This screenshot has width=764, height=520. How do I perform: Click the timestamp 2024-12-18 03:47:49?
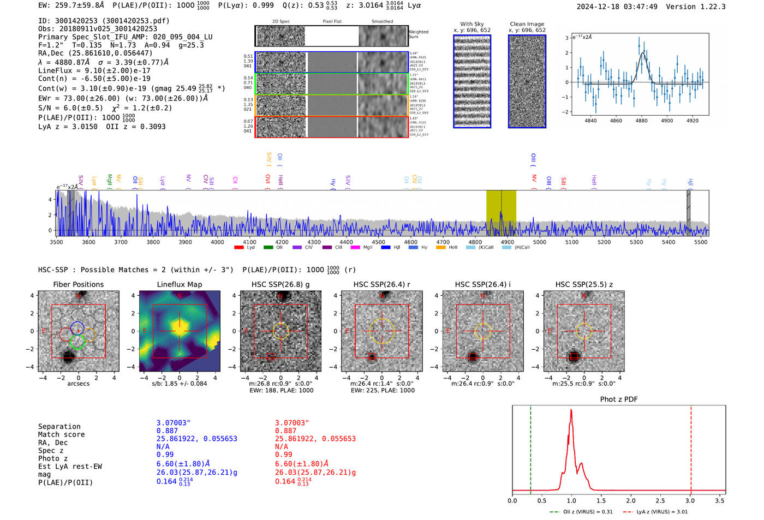click(x=617, y=7)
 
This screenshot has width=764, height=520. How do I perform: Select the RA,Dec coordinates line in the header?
click(x=95, y=53)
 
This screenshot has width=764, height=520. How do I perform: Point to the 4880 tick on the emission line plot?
click(x=641, y=121)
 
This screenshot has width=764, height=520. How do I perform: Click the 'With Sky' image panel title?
click(x=472, y=24)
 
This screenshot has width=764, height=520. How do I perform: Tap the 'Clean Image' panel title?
click(x=527, y=24)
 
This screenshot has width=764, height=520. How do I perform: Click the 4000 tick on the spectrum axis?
click(x=217, y=242)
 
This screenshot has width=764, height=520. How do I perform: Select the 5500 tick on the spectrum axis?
click(x=701, y=242)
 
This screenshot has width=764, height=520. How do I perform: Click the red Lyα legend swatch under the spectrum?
click(x=239, y=248)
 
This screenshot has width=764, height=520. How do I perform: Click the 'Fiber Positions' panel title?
click(x=78, y=284)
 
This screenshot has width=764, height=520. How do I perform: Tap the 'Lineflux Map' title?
click(x=180, y=284)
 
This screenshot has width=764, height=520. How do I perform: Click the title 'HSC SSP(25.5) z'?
click(x=584, y=284)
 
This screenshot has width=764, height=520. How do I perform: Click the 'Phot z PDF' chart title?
click(x=619, y=399)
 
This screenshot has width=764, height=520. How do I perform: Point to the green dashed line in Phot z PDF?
click(x=530, y=447)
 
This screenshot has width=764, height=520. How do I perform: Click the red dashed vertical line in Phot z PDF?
click(x=691, y=447)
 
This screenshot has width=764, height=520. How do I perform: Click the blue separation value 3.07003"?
click(x=173, y=423)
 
